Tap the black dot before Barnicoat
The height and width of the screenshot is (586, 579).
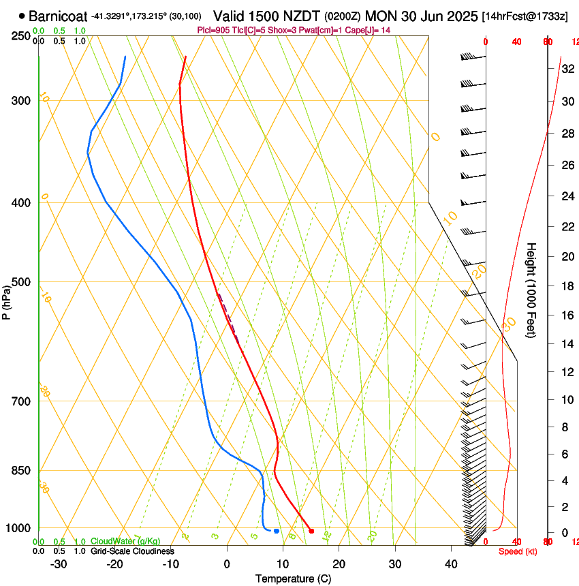pyautogui.click(x=22, y=16)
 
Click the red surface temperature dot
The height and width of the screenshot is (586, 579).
pyautogui.click(x=311, y=531)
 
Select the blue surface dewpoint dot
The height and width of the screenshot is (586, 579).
pyautogui.click(x=277, y=531)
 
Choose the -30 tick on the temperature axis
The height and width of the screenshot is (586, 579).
pyautogui.click(x=58, y=564)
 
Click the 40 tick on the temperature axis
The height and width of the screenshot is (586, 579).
pyautogui.click(x=450, y=564)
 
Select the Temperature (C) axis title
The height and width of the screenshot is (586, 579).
pyautogui.click(x=293, y=579)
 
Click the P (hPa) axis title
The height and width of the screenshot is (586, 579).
pyautogui.click(x=6, y=300)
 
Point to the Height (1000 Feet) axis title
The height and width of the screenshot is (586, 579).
pyautogui.click(x=532, y=290)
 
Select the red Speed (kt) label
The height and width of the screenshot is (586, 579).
pyautogui.click(x=518, y=551)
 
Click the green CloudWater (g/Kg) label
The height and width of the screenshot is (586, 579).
pyautogui.click(x=126, y=541)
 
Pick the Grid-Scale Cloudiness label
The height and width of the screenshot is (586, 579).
pyautogui.click(x=132, y=551)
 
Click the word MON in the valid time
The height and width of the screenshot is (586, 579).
pyautogui.click(x=380, y=16)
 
